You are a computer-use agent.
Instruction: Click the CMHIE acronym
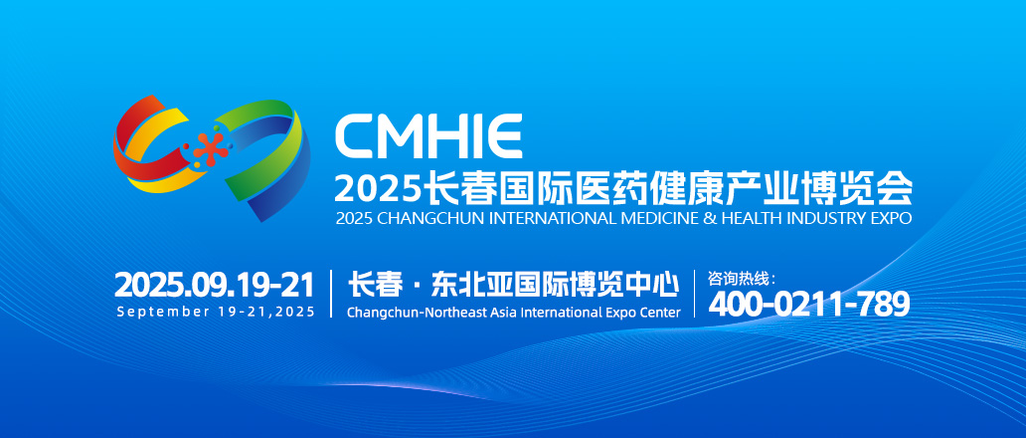pyautogui.click(x=428, y=136)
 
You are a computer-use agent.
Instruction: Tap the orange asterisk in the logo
pyautogui.click(x=211, y=146)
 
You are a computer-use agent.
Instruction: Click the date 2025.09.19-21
pyautogui.click(x=215, y=285)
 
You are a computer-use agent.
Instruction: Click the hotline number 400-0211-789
pyautogui.click(x=809, y=304)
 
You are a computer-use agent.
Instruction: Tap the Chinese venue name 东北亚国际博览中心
pyautogui.click(x=554, y=285)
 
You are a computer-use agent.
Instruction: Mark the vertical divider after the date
pyautogui.click(x=331, y=294)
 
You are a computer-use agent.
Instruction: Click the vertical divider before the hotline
pyautogui.click(x=694, y=294)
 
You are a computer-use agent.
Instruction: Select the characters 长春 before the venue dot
pyautogui.click(x=375, y=285)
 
